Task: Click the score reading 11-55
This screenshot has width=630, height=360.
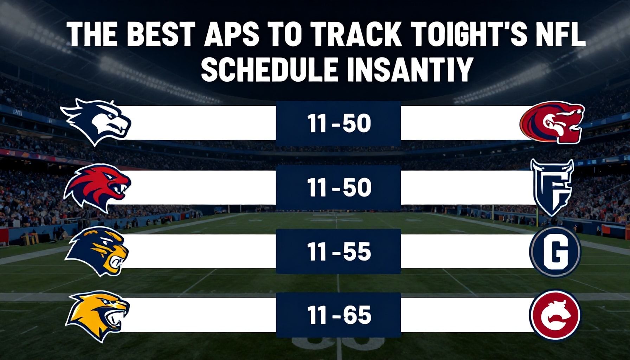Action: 339,252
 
